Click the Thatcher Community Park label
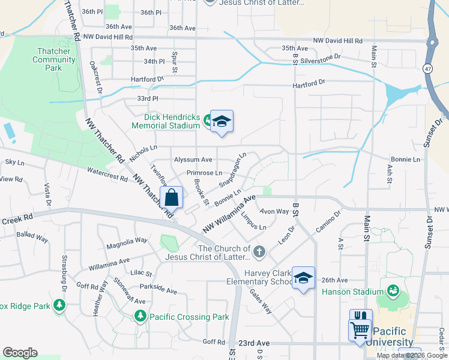tap(54, 59)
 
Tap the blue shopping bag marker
tap(171, 197)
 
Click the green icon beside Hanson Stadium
tap(393, 292)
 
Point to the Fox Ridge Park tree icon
tap(59, 305)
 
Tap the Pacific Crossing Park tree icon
tap(140, 316)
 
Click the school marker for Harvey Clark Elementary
tap(303, 278)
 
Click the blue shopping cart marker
tap(360, 331)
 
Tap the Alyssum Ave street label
tap(193, 160)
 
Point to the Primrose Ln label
tap(203, 173)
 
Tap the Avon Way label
tap(274, 211)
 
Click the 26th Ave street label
tap(334, 280)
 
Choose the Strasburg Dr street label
tap(64, 274)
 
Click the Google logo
tap(20, 353)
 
